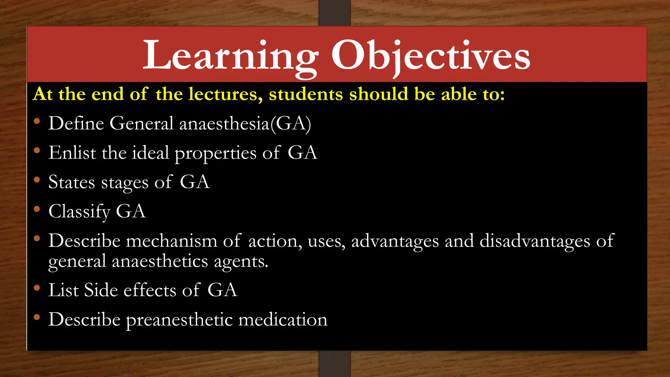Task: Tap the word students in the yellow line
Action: (x=306, y=94)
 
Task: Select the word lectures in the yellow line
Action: (x=225, y=94)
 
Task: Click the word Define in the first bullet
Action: (x=76, y=123)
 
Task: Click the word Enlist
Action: (x=72, y=153)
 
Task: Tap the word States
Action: (x=72, y=182)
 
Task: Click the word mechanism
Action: (x=171, y=241)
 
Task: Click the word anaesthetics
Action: (x=160, y=261)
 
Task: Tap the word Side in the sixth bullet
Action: (x=100, y=290)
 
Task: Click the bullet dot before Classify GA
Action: (x=37, y=209)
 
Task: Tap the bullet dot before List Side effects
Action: (x=37, y=288)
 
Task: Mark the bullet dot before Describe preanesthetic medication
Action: (x=37, y=317)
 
